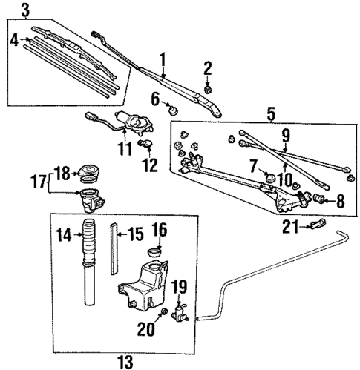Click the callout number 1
click(x=163, y=59)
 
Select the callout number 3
click(x=26, y=10)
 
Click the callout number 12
click(x=151, y=164)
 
